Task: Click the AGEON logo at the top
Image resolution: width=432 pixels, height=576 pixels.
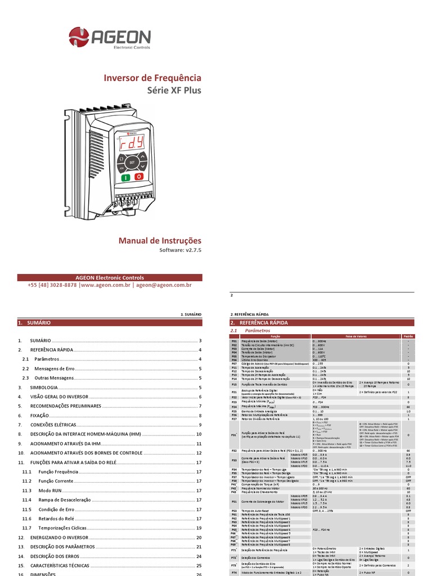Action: coord(110,38)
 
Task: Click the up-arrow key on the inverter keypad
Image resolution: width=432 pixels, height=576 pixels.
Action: coord(143,155)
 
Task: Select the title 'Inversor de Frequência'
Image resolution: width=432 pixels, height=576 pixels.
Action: coord(151,78)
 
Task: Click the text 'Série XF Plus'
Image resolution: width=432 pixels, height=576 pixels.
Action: coord(174,91)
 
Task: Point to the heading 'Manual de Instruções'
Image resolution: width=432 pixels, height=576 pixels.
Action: coord(159,241)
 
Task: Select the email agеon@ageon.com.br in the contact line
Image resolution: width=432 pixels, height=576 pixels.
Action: coord(164,285)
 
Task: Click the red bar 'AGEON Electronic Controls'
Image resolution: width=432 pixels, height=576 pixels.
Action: coord(110,277)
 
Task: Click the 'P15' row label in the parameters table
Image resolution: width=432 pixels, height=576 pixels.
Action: coord(234,384)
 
